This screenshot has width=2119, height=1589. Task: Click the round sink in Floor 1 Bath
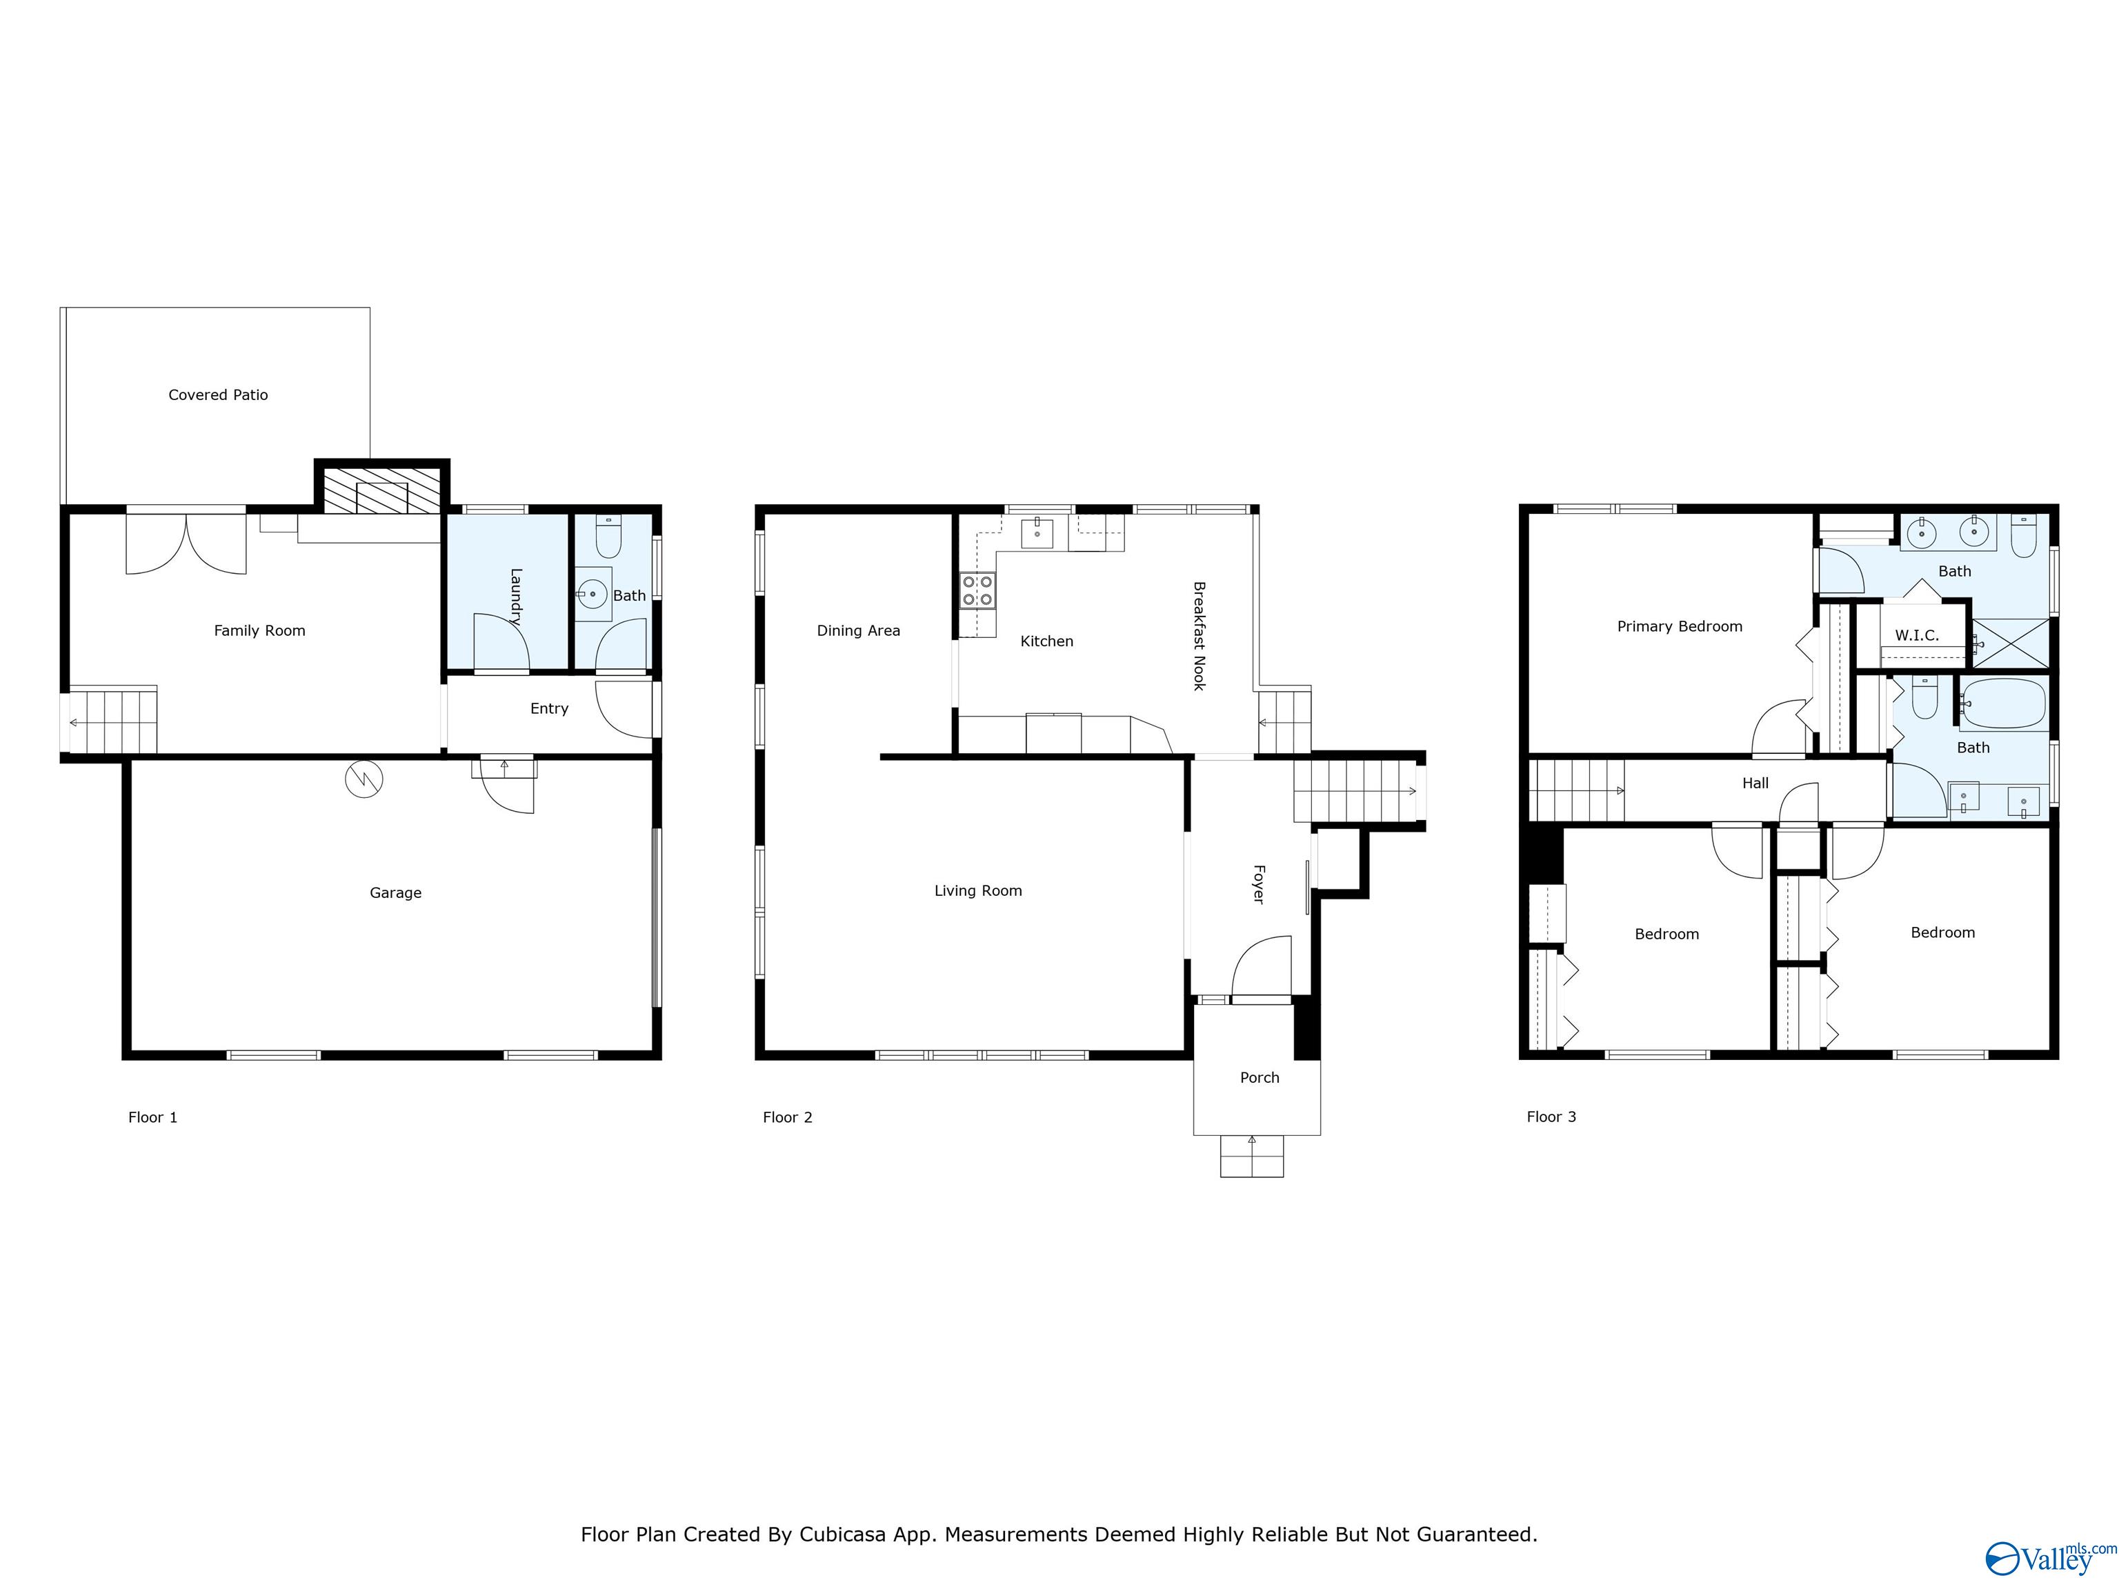click(x=592, y=594)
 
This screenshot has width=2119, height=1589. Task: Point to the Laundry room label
click(x=515, y=598)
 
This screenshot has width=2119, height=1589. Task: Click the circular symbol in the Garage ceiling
click(x=364, y=779)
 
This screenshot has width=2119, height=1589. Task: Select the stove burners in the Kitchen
click(x=977, y=590)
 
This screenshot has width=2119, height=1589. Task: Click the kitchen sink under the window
click(x=1037, y=532)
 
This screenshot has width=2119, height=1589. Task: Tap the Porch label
click(x=1259, y=1077)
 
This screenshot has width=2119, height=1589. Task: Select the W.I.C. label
click(x=1916, y=635)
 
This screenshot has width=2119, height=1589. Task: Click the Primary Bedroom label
click(x=1680, y=626)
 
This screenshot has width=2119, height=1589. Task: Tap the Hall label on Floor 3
click(x=1755, y=783)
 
